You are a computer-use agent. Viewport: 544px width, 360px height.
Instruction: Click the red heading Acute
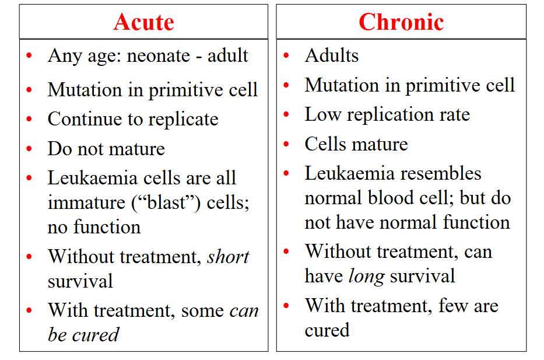click(x=143, y=22)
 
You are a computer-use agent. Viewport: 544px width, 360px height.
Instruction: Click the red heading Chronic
click(x=401, y=22)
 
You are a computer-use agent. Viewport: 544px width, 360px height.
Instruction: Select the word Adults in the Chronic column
click(x=331, y=56)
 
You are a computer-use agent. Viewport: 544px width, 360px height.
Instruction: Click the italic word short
click(x=228, y=257)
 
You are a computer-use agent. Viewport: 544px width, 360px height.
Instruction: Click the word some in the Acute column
click(x=202, y=310)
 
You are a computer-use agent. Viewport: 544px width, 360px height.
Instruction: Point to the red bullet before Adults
click(x=286, y=56)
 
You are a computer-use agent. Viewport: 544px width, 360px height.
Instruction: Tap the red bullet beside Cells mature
click(x=286, y=144)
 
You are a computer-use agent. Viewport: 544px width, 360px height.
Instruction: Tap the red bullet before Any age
click(x=29, y=56)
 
